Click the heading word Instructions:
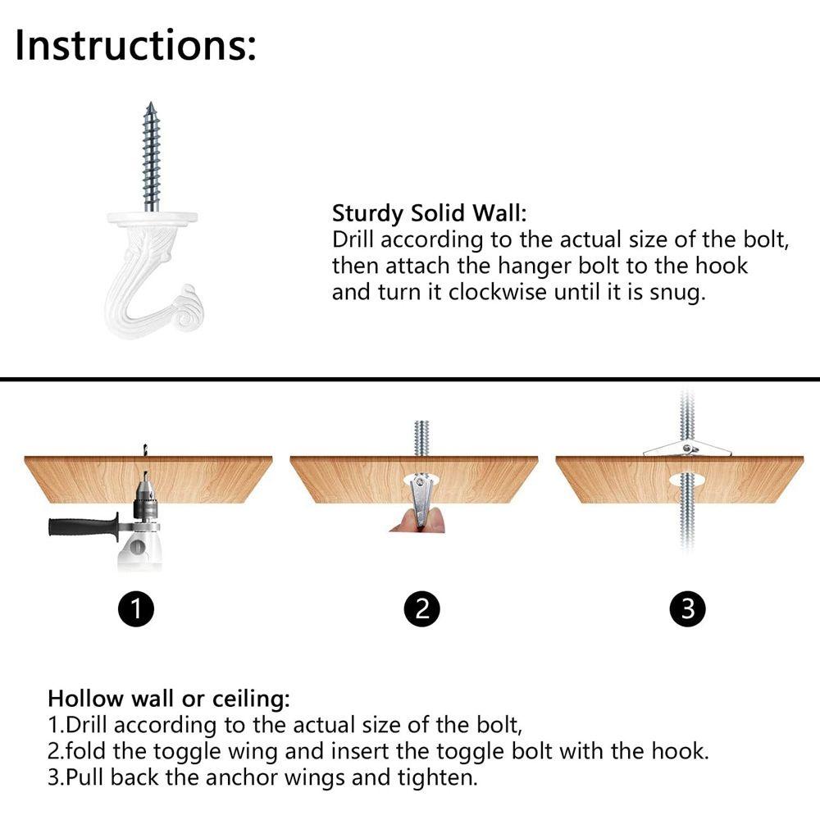pos(135,45)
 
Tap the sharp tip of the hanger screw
pos(151,102)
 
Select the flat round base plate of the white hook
pos(153,216)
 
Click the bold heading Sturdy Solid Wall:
pos(430,213)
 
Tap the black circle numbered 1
pos(136,608)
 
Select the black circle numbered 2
pos(422,608)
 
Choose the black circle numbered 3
pos(687,608)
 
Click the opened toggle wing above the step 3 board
pos(686,449)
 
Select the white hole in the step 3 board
pos(687,480)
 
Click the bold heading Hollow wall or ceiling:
pos(168,699)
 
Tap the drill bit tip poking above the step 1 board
pos(144,448)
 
